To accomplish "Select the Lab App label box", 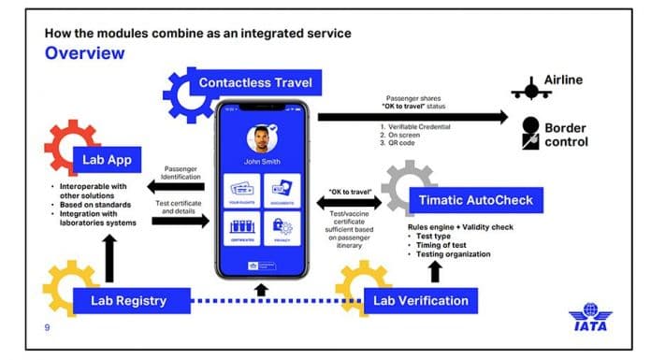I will pos(106,160).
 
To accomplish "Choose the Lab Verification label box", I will pos(419,300).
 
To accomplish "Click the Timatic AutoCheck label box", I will pos(474,199).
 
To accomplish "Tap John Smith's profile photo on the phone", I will pos(265,140).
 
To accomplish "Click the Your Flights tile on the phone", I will pos(242,191).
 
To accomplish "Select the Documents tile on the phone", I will pos(282,191).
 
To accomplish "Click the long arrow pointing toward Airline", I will pos(412,117).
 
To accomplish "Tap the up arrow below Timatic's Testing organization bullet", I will pos(433,272).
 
